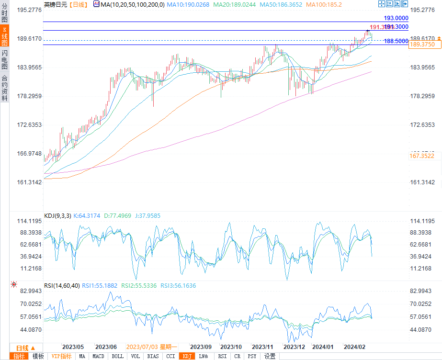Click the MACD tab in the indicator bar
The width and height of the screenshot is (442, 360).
[98, 356]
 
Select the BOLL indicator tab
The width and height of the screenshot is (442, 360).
[117, 356]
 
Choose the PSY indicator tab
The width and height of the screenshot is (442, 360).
[252, 356]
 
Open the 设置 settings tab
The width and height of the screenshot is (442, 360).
[270, 356]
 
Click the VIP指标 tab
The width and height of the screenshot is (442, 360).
[61, 356]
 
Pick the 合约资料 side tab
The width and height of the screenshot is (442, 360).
[4, 88]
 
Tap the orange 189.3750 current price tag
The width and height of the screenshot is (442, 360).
[422, 44]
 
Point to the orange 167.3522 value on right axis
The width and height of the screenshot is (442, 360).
[422, 156]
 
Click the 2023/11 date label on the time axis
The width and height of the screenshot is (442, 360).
[262, 347]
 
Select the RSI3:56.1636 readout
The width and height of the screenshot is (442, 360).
[178, 286]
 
